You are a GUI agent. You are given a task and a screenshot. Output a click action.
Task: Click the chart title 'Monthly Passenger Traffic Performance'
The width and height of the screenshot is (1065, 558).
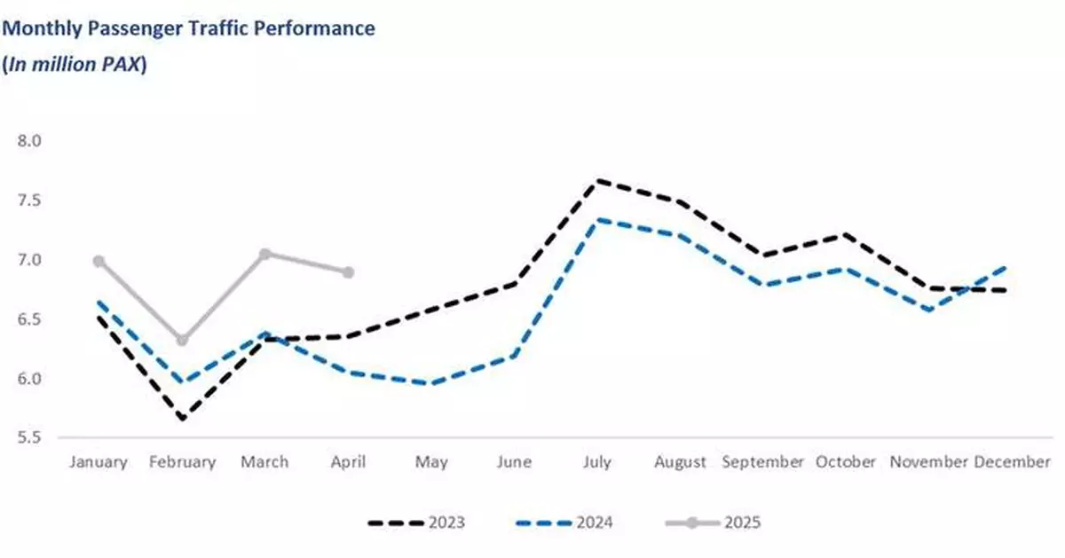[x=189, y=28]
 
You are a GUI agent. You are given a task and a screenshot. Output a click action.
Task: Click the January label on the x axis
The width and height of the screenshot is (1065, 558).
[x=99, y=462]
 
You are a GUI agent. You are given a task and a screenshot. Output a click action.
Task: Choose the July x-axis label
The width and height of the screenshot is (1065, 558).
[x=596, y=462]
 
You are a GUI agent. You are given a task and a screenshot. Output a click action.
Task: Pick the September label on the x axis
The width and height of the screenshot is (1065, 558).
[x=763, y=462]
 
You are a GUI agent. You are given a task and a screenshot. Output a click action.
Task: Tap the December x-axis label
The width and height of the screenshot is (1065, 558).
[x=1013, y=462]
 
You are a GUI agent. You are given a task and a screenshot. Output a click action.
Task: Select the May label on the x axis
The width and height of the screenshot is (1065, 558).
[x=430, y=462]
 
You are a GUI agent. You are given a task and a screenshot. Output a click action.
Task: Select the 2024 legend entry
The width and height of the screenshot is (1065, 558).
[x=564, y=523]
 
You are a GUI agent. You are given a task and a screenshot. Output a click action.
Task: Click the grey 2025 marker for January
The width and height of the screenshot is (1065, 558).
[x=99, y=261]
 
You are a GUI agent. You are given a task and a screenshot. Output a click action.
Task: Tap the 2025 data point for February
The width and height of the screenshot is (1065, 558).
[x=182, y=340]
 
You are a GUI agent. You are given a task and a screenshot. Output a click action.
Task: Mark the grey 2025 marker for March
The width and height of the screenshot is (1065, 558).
[x=264, y=254]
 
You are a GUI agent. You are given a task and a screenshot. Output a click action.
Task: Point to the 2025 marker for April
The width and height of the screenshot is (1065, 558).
[x=348, y=272]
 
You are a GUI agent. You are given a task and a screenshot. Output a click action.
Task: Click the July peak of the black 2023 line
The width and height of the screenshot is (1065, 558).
[x=597, y=180]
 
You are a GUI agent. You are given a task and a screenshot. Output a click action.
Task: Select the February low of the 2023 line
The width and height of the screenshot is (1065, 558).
[x=182, y=418]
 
